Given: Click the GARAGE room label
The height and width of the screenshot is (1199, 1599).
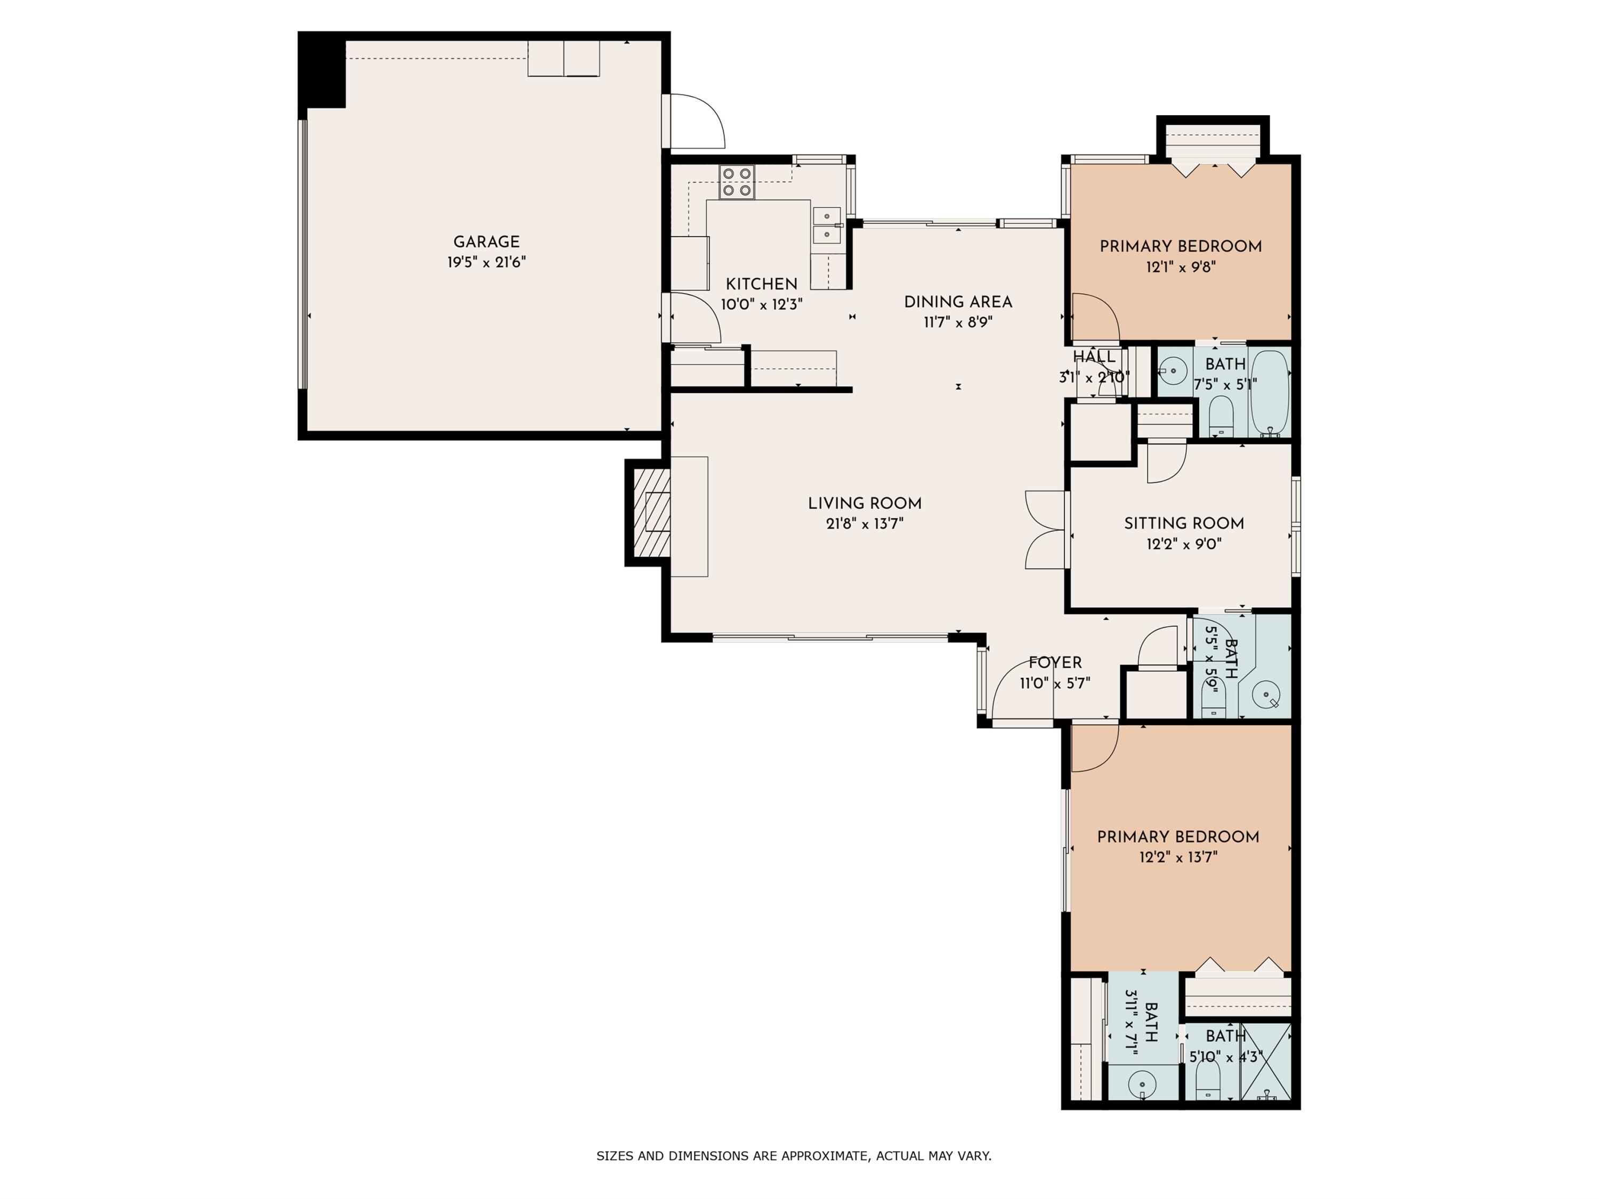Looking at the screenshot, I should [486, 242].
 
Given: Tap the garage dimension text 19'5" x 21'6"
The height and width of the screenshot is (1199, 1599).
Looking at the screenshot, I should [486, 262].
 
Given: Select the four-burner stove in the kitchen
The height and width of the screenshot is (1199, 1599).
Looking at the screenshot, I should [737, 182].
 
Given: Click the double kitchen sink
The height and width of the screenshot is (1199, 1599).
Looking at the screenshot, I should [826, 225].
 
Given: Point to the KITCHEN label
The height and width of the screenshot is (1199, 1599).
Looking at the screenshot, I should [761, 284].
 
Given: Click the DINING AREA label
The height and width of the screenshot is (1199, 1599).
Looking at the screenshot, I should [958, 302].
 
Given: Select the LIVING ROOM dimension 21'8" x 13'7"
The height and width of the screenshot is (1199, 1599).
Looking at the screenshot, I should [865, 524].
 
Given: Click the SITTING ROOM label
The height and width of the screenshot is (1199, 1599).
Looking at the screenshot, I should [1183, 523].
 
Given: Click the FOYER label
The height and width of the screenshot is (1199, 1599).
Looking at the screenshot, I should [1055, 663].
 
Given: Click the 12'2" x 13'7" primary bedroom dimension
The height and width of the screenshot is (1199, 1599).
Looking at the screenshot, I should [1178, 857].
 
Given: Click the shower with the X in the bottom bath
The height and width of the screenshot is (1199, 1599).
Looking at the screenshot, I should [1265, 1061].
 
